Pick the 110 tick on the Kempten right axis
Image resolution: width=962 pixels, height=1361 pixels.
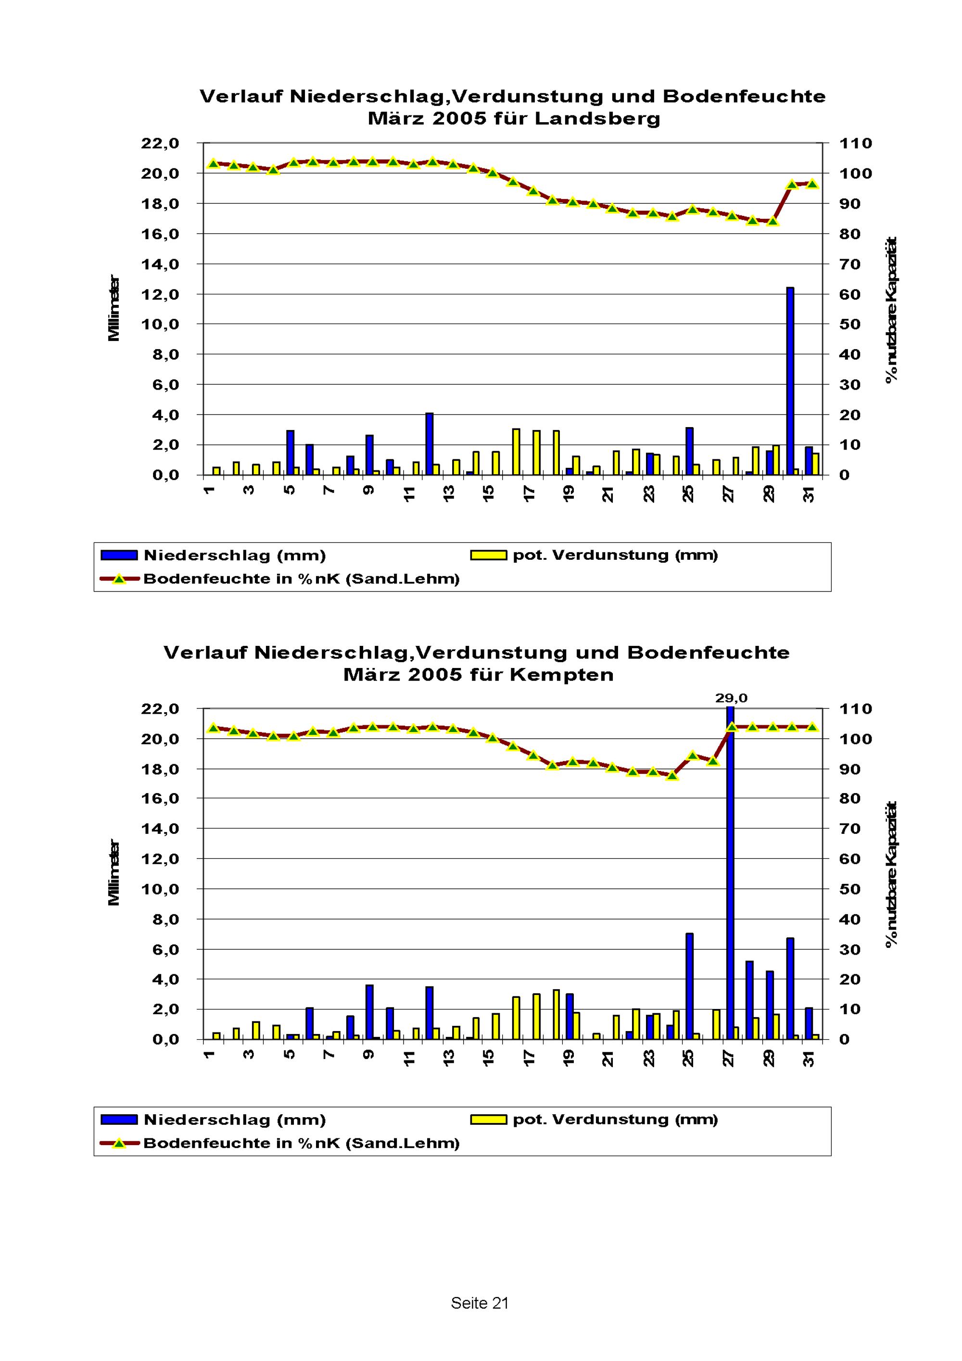tap(855, 708)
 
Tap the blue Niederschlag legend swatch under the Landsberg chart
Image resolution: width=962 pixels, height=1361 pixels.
tap(119, 555)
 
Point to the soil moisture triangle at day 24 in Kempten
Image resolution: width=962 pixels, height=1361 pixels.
tap(671, 775)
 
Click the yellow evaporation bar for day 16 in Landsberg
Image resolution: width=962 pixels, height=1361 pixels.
tap(516, 451)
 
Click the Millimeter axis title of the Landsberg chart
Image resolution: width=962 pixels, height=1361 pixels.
tap(114, 308)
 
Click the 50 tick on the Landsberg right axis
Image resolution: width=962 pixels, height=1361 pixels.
tap(849, 324)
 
